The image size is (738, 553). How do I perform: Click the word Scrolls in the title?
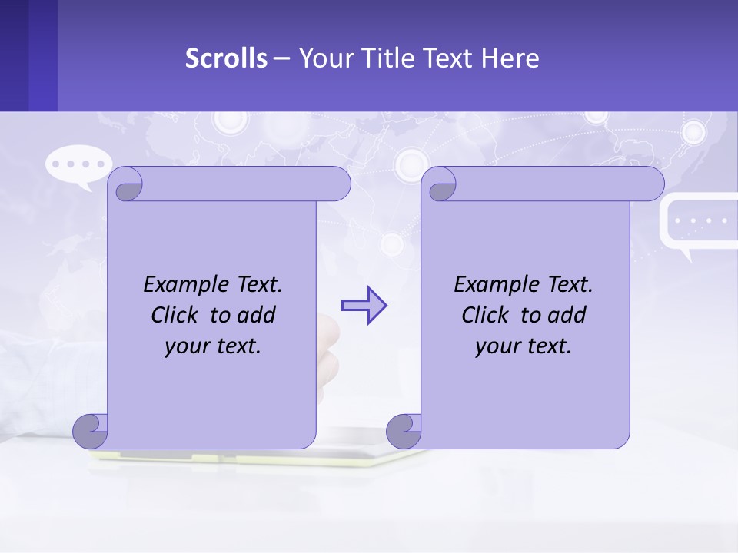(227, 58)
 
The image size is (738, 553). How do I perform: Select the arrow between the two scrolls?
(364, 306)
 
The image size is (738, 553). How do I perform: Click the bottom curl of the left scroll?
(90, 430)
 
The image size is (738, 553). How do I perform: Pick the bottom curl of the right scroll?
(404, 430)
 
